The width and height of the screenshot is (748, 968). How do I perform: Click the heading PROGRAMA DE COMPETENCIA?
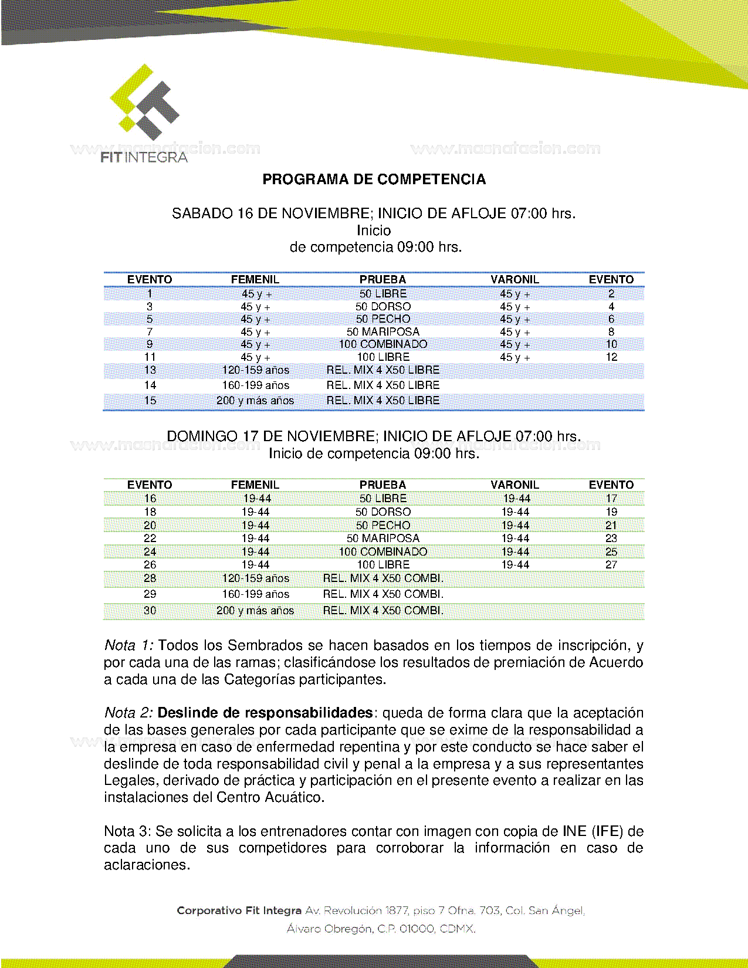[x=374, y=180]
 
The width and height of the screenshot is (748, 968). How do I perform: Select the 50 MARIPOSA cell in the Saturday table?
[x=383, y=332]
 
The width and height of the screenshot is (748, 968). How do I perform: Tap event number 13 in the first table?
[x=150, y=370]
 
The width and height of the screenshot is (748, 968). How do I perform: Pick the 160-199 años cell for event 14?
[x=255, y=385]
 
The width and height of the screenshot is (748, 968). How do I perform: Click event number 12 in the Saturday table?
[x=611, y=357]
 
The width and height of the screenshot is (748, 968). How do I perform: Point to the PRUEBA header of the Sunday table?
[x=383, y=485]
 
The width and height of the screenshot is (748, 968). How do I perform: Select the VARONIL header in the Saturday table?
[x=515, y=279]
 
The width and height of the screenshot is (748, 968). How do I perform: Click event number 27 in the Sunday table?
[x=611, y=565]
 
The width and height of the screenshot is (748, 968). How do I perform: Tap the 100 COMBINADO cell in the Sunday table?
[x=383, y=552]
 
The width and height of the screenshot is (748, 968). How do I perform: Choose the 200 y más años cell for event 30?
[x=255, y=611]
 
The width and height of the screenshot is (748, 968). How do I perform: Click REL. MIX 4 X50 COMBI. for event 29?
[x=383, y=594]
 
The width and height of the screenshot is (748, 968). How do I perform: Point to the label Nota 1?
[x=128, y=646]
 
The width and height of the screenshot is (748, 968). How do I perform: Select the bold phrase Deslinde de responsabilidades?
[x=265, y=713]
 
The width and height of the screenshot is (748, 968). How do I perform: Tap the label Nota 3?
[x=127, y=831]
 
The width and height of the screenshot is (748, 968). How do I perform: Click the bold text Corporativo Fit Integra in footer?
[x=239, y=911]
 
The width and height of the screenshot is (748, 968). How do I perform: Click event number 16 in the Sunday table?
[x=150, y=499]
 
